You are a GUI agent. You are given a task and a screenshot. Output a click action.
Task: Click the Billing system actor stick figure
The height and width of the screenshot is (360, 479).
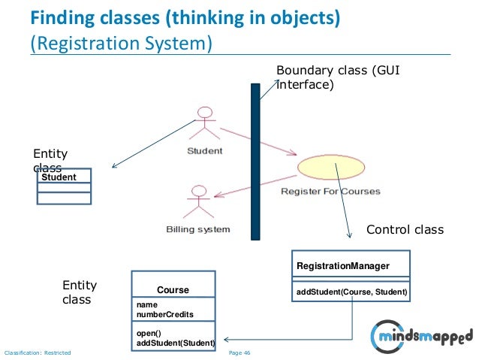tap(197, 201)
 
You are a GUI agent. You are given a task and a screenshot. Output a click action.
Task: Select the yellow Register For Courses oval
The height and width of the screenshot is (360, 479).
tap(330, 168)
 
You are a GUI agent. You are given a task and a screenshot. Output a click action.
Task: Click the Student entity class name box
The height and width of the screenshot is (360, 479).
tap(64, 177)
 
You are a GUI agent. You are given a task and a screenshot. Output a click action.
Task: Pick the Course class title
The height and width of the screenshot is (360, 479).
tap(173, 289)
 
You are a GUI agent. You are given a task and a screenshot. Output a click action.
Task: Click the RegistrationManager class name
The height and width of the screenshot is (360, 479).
tap(342, 266)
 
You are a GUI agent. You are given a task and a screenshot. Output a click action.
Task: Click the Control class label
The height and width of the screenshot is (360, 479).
tap(405, 229)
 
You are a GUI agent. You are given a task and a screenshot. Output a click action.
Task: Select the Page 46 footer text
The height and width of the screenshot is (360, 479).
tap(239, 352)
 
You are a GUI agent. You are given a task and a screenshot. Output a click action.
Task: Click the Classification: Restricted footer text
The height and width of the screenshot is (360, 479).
tap(38, 352)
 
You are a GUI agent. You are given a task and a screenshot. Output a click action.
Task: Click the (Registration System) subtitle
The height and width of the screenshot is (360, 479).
tap(121, 42)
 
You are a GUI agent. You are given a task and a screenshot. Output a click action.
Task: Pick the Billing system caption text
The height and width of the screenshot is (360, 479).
tap(197, 229)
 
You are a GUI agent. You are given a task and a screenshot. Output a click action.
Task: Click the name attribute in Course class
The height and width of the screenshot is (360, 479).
tap(146, 304)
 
